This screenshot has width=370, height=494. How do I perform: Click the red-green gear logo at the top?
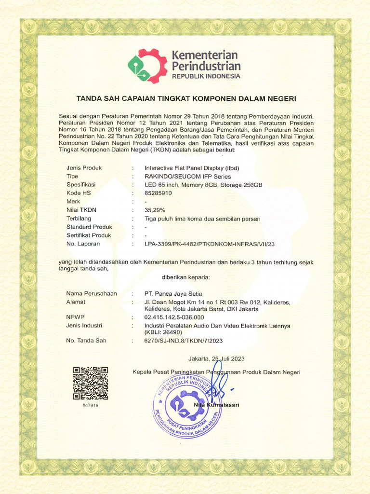click(x=147, y=66)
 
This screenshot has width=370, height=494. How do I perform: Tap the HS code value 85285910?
click(x=158, y=193)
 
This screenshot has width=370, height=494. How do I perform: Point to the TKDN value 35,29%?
click(x=155, y=210)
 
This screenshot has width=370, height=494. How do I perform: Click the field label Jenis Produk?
click(x=84, y=168)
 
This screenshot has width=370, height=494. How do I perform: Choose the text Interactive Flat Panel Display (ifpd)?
click(x=192, y=168)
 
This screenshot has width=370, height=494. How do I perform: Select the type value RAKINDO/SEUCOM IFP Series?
click(x=187, y=177)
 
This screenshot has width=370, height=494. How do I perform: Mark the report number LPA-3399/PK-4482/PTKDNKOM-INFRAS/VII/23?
click(x=210, y=244)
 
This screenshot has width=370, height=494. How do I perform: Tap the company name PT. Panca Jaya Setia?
click(x=173, y=294)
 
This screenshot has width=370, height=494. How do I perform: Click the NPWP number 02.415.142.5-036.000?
click(x=174, y=317)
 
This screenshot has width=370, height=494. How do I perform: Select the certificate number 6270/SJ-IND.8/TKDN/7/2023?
click(x=184, y=341)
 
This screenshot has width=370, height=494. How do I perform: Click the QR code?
click(x=90, y=383)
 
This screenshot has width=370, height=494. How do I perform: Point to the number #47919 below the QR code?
click(x=90, y=405)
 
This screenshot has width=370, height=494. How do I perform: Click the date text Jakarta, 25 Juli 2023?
click(x=216, y=359)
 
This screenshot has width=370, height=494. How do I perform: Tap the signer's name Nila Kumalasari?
click(x=216, y=405)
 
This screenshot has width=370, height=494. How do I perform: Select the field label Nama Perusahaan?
click(x=91, y=294)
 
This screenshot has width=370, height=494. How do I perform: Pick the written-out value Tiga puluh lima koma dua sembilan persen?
click(x=202, y=219)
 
